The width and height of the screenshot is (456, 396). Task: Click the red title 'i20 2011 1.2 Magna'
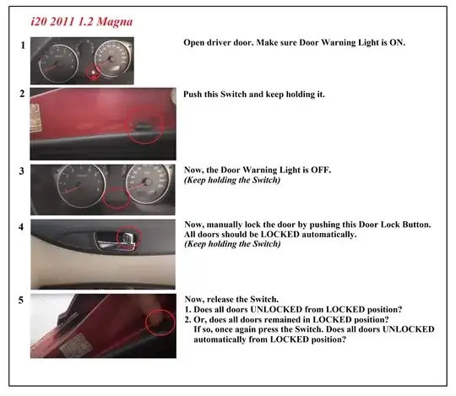point(82,22)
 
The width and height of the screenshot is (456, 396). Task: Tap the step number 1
point(23,46)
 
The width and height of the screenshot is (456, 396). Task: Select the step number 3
point(22,171)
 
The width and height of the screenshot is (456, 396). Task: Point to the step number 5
point(21,300)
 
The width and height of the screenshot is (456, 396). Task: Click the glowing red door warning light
point(93,72)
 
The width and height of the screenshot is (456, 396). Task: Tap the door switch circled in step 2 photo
point(142,126)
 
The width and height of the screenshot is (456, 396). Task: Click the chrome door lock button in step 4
point(128,239)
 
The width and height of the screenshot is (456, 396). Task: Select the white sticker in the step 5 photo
point(76,344)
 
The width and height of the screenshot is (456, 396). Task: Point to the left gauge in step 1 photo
point(58,63)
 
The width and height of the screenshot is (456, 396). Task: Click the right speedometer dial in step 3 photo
point(149,183)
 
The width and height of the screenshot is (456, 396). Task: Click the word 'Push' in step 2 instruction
point(193,95)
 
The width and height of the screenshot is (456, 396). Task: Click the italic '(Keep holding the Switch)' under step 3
point(232,180)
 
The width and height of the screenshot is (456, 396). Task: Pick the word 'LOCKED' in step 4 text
point(280,235)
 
